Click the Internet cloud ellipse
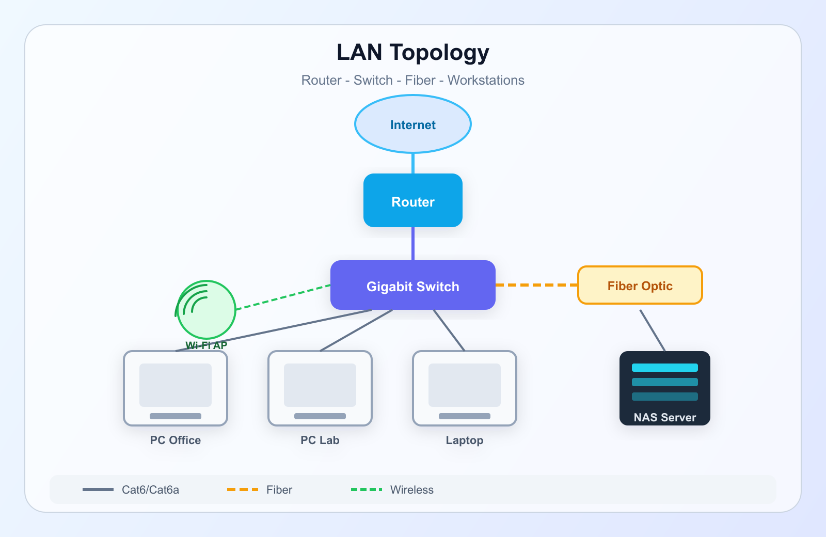click(x=412, y=124)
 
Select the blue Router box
click(x=412, y=200)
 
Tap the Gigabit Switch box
click(x=412, y=285)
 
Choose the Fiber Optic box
click(x=640, y=285)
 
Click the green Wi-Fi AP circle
click(x=206, y=309)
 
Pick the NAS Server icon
click(x=664, y=388)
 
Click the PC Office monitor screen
click(x=176, y=385)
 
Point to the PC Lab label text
click(x=320, y=440)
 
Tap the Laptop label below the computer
click(x=464, y=440)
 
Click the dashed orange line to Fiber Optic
click(x=536, y=285)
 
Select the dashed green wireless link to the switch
click(x=283, y=297)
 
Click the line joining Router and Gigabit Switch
click(x=412, y=244)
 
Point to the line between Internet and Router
click(x=412, y=163)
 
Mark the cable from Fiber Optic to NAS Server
click(x=653, y=330)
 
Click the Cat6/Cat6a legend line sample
click(x=98, y=489)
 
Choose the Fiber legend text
click(x=279, y=490)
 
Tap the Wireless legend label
click(x=412, y=490)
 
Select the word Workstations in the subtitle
click(x=486, y=81)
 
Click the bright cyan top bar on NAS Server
click(x=664, y=367)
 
